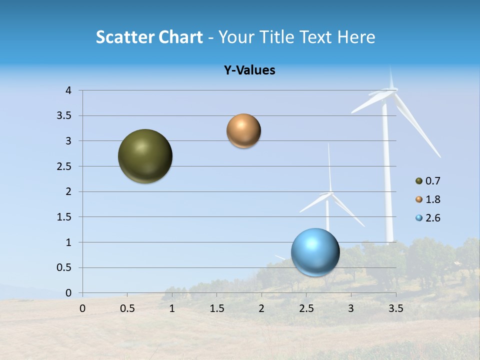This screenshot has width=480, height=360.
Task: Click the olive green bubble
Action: click(145, 156)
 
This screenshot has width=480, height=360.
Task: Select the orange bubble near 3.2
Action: click(243, 131)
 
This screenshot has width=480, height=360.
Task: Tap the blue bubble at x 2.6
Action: click(315, 252)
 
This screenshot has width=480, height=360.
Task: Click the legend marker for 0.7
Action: click(419, 181)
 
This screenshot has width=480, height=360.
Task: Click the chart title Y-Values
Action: click(249, 70)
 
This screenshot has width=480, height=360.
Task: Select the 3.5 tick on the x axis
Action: click(395, 308)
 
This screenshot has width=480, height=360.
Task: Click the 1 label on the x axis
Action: click(172, 308)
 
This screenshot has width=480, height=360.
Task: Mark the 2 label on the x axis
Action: click(261, 308)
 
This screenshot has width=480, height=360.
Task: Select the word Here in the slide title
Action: click(356, 37)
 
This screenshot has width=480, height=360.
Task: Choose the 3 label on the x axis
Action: click(351, 308)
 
